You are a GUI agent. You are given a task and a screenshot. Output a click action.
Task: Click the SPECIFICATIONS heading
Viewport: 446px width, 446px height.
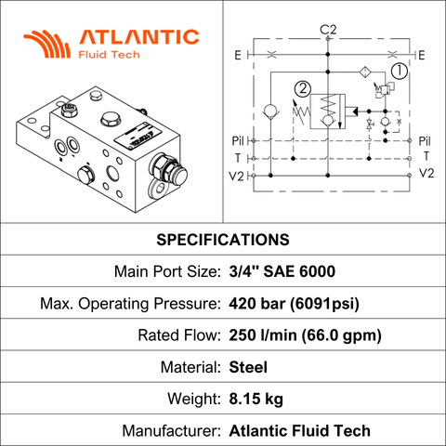[223, 240]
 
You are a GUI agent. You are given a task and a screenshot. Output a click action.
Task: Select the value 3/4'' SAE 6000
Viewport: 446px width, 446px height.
[282, 271]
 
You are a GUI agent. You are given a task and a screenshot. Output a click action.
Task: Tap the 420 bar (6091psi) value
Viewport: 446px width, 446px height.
[295, 304]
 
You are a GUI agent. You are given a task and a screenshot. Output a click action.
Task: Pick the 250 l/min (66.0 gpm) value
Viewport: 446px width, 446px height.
[305, 335]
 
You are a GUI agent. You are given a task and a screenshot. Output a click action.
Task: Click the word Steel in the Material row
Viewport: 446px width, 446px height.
[248, 367]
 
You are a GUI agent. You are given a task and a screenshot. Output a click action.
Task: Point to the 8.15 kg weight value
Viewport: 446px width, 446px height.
[256, 399]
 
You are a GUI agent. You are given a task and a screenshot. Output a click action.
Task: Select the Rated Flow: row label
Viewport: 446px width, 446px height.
[179, 335]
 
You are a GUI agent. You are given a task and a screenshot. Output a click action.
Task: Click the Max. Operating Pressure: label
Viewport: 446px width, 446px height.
[130, 304]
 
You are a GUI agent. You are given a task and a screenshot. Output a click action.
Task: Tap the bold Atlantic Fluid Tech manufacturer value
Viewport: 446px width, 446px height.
[300, 431]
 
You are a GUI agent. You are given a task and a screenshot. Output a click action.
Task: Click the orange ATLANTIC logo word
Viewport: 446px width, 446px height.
[139, 37]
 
